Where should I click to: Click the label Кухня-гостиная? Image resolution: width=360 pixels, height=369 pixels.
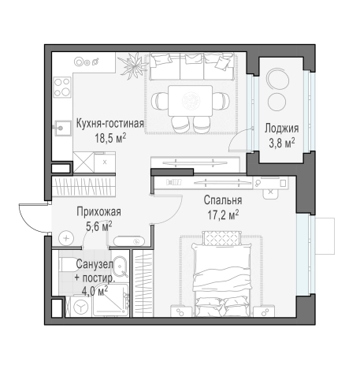pos(109,123)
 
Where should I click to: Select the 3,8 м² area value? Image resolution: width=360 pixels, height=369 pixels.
pos(280,142)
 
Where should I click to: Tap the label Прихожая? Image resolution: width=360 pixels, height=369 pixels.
pos(98,211)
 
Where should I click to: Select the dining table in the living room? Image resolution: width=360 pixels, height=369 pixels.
pos(188,99)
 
